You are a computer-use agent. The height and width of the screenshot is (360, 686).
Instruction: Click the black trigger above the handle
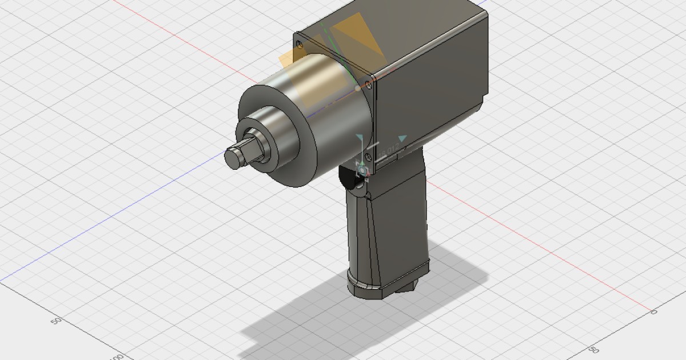point(347,178)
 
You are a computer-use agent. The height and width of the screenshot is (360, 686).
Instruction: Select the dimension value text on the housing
point(389,151)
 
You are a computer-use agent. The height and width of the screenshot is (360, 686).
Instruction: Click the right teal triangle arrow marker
point(402,138)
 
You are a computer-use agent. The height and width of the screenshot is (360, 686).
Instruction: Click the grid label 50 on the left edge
point(56,321)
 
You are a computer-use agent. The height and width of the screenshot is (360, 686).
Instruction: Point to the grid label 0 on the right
point(654,311)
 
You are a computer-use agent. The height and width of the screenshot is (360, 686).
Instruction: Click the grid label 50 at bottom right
point(594,349)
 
